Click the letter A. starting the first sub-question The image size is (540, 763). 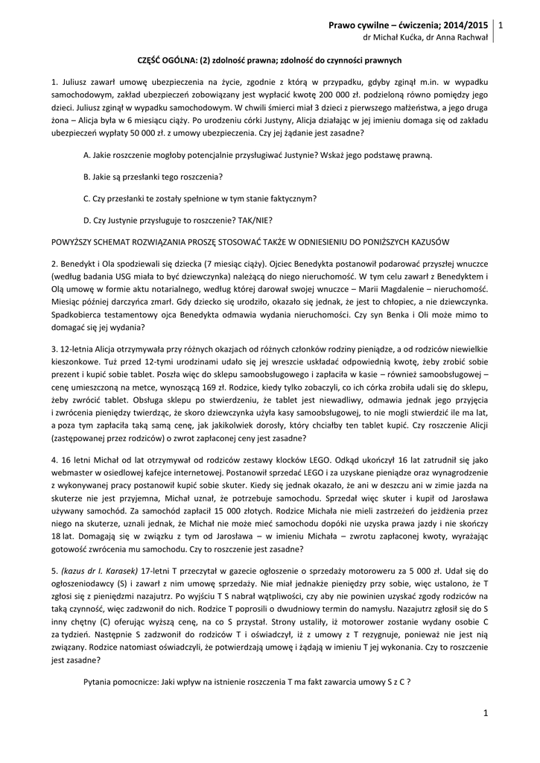[87, 155]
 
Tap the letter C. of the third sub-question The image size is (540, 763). [87, 198]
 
